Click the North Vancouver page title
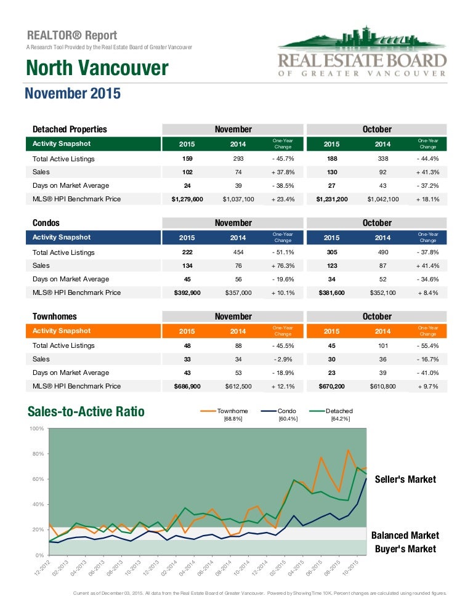pos(97,68)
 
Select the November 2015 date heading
pos(73,94)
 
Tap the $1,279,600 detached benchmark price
pos(187,199)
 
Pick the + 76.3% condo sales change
pos(283,266)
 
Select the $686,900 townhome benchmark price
pos(187,386)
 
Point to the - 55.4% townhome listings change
pos(427,346)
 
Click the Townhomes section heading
pos(55,316)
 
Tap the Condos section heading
pos(46,223)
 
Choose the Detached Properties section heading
pos(70,129)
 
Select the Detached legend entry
pos(338,411)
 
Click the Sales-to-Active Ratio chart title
pos(86,412)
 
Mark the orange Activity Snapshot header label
pos(61,331)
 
